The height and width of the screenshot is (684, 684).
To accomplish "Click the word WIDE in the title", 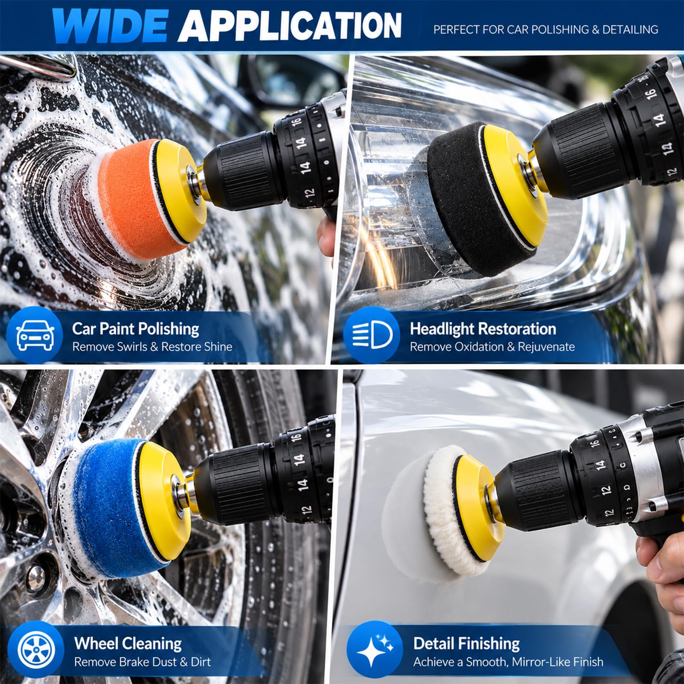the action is pyautogui.click(x=110, y=25).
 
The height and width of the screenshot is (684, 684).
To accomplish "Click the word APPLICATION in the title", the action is pyautogui.click(x=290, y=25).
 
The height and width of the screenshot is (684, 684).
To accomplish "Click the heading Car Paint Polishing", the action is pyautogui.click(x=136, y=329).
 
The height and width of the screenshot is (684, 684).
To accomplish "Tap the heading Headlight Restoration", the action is pyautogui.click(x=483, y=329).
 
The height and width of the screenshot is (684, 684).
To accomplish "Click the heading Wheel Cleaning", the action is pyautogui.click(x=128, y=644).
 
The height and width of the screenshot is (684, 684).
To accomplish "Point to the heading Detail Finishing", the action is pyautogui.click(x=466, y=644).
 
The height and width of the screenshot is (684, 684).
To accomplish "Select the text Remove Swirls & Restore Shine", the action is pyautogui.click(x=152, y=347).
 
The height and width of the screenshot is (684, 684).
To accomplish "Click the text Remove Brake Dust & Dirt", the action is pyautogui.click(x=142, y=662).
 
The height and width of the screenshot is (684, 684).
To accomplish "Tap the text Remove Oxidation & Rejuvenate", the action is pyautogui.click(x=492, y=347).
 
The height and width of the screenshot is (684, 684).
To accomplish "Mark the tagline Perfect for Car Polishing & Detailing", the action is pyautogui.click(x=546, y=29).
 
